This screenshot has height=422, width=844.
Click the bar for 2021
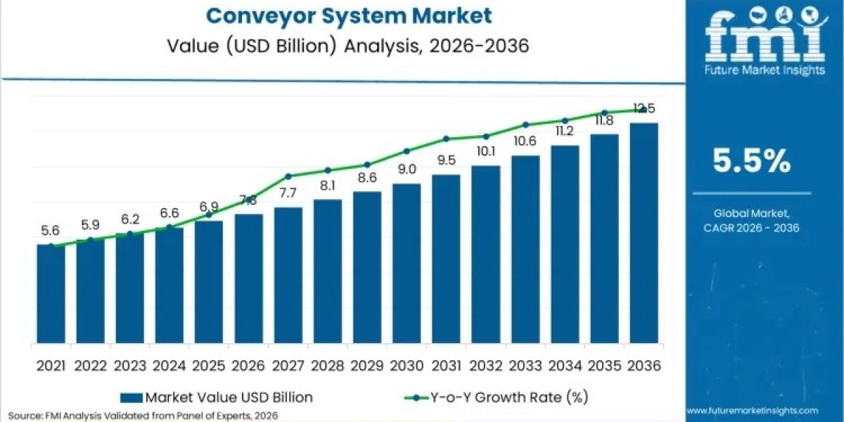click(51, 295)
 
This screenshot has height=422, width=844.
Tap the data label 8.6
click(366, 177)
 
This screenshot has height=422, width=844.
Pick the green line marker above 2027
click(288, 176)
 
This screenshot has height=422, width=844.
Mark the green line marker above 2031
click(446, 139)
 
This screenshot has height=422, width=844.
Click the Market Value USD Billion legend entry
click(218, 397)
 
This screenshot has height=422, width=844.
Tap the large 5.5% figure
click(751, 162)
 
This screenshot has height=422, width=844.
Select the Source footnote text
click(144, 416)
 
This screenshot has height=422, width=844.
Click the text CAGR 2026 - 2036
click(751, 227)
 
